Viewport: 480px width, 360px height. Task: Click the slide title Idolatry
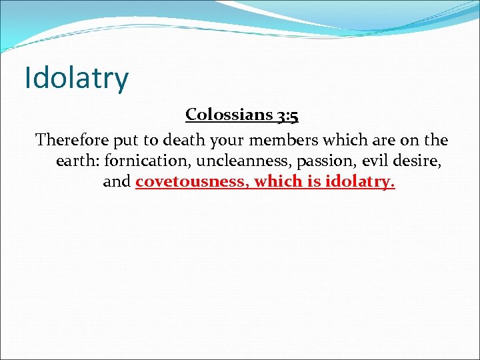pyautogui.click(x=76, y=78)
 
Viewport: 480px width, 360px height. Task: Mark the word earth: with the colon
pyautogui.click(x=78, y=161)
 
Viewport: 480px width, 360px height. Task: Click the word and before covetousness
pyautogui.click(x=117, y=181)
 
